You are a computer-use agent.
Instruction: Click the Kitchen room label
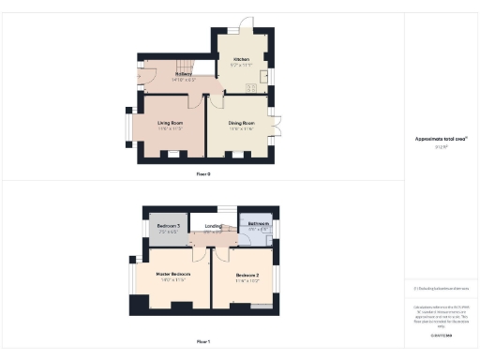click(241, 58)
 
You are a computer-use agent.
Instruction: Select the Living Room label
click(170, 122)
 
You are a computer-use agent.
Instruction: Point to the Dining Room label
click(242, 122)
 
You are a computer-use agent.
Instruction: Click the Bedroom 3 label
click(168, 225)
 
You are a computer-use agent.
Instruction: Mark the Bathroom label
click(256, 224)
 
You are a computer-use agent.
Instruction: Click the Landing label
click(212, 225)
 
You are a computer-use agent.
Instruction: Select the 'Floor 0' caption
click(203, 174)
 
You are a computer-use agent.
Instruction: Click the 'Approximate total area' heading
click(440, 139)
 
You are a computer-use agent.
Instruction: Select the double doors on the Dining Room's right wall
click(274, 123)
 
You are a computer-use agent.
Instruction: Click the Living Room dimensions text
click(170, 128)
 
